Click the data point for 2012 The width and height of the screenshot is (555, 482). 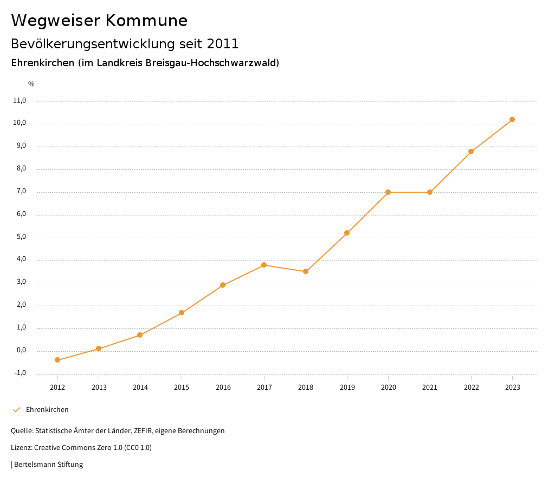[x=57, y=360]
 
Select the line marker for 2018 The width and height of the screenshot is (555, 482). [x=306, y=271]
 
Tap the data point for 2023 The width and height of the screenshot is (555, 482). [x=512, y=119]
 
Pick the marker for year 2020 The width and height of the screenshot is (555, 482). [x=388, y=192]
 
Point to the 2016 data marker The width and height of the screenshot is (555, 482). [x=223, y=285]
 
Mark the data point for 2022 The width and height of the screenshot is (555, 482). [x=471, y=151]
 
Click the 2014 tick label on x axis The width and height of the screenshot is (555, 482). [x=140, y=387]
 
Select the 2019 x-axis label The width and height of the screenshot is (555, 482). [x=347, y=387]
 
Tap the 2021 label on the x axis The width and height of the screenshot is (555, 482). [x=430, y=387]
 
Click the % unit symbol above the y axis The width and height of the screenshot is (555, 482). [x=31, y=84]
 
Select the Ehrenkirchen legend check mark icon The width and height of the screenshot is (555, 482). [x=16, y=410]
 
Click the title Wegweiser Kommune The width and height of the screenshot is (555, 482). [x=99, y=21]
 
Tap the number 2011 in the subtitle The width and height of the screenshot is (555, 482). [x=222, y=43]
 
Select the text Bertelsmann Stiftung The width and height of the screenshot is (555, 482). [x=48, y=465]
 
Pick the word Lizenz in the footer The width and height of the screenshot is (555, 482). [x=21, y=448]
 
